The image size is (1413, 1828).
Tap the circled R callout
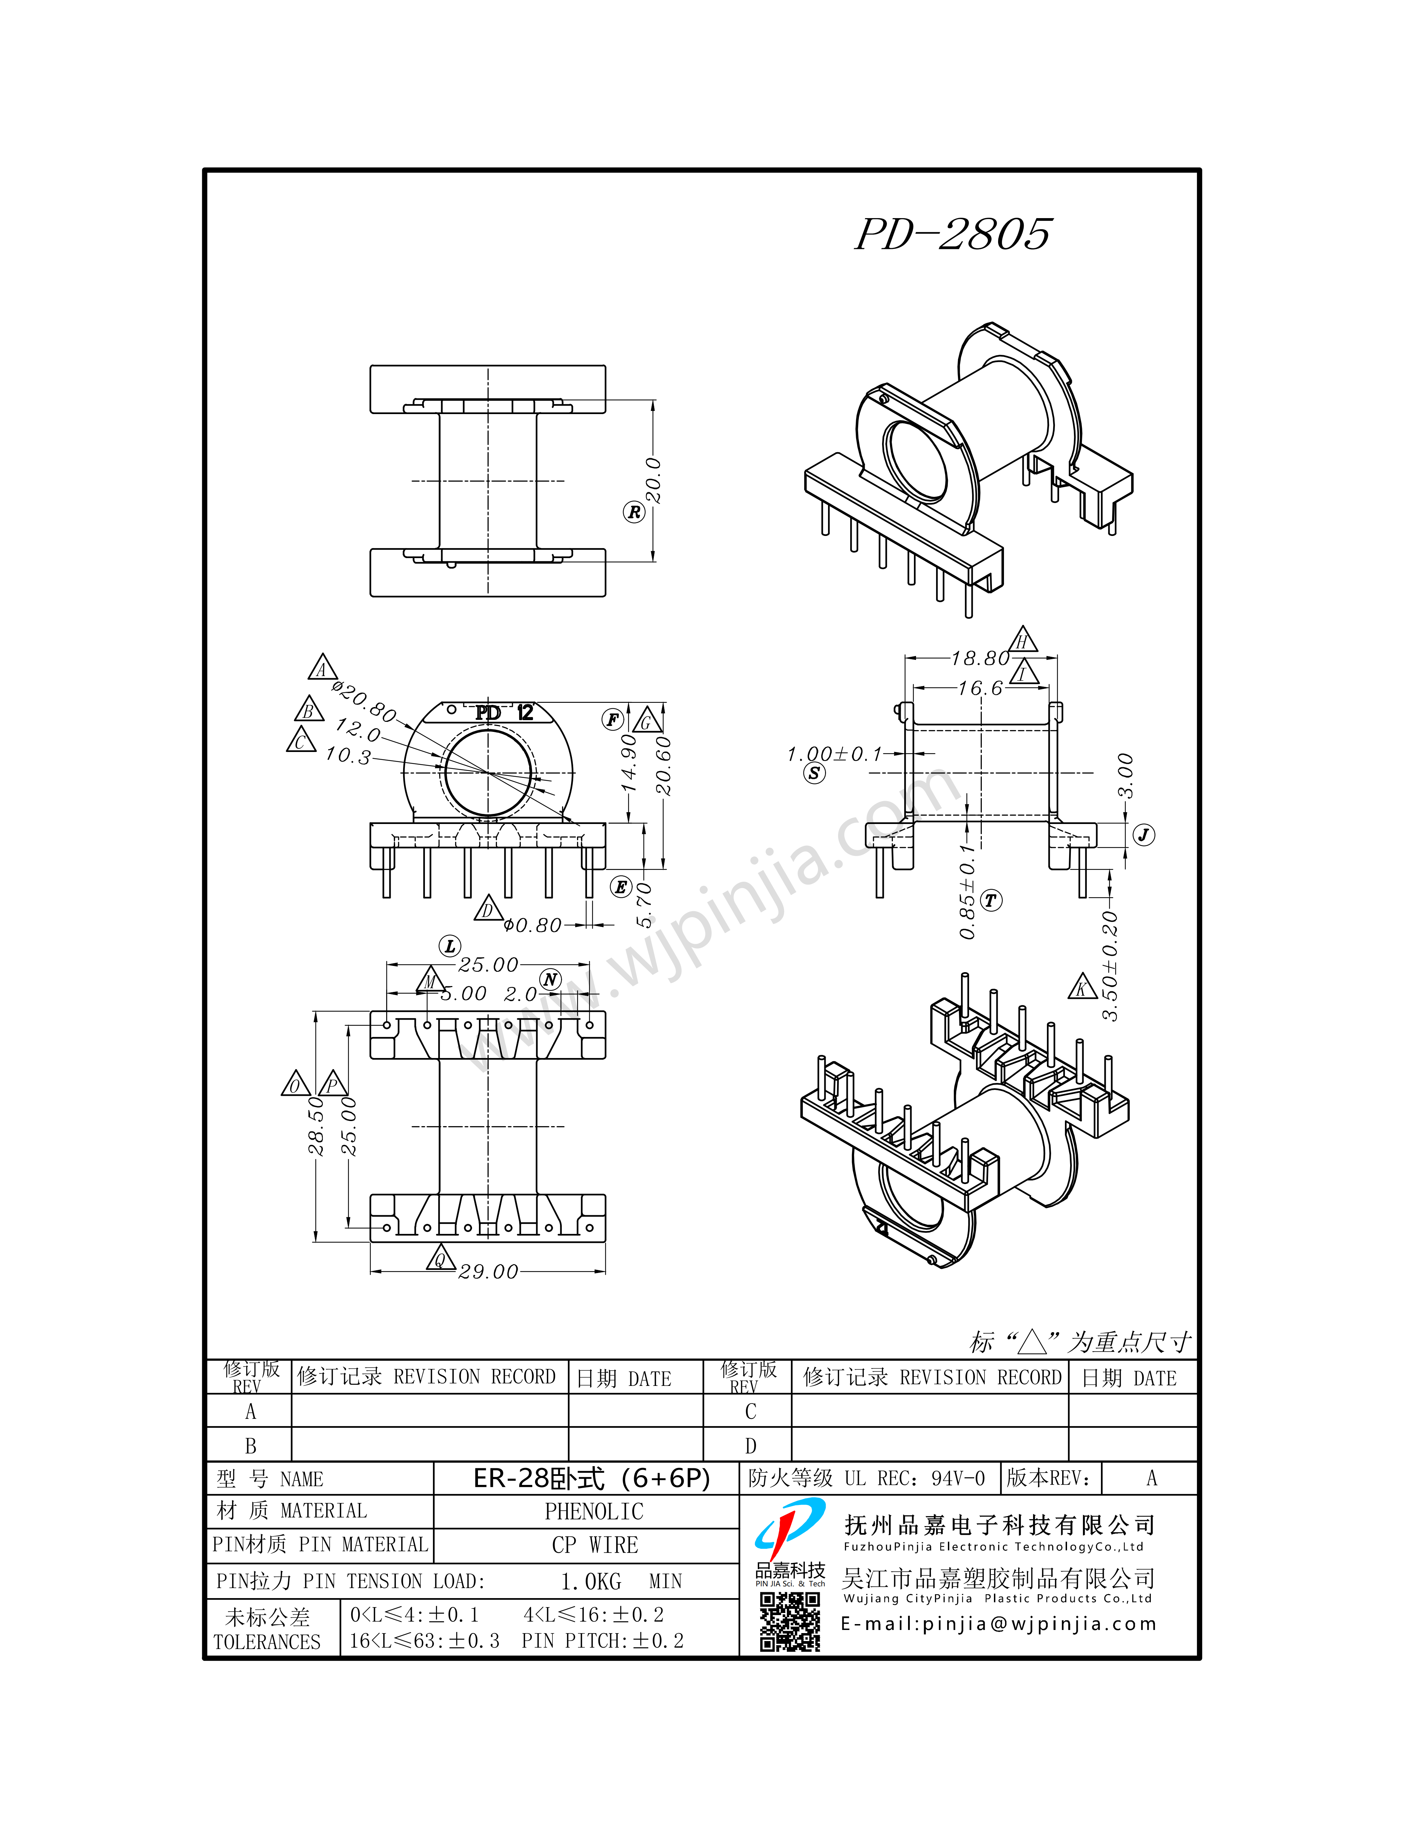point(634,512)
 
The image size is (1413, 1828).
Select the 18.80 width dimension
point(980,659)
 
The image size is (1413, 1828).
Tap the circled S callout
point(814,773)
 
